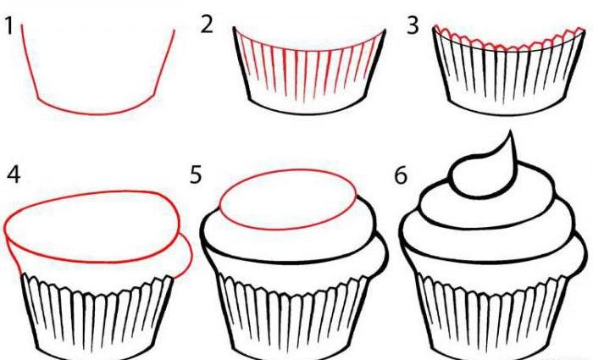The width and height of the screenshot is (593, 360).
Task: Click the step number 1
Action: click(9, 26)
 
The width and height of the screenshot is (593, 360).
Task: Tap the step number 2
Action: click(207, 25)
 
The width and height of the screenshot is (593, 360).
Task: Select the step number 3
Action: click(413, 26)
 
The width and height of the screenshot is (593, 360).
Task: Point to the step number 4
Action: click(14, 175)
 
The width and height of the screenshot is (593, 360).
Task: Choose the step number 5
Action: click(196, 174)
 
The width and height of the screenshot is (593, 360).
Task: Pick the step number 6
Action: click(401, 175)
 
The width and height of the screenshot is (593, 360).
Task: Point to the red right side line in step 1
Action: click(165, 63)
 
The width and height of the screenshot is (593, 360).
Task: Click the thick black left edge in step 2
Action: click(241, 64)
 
